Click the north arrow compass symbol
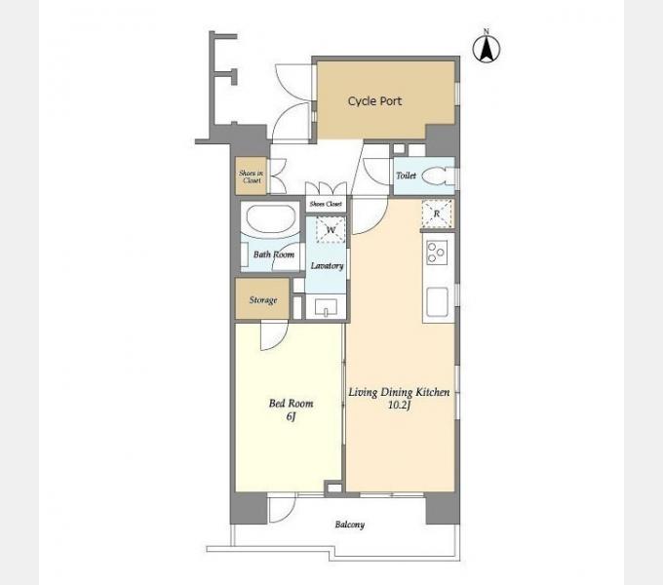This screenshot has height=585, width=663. tap(487, 47)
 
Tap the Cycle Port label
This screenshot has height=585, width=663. tap(374, 101)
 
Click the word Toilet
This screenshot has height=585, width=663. tap(406, 175)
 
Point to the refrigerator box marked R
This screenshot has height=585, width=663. tap(437, 214)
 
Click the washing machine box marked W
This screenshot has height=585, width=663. tap(331, 229)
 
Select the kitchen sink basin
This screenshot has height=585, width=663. tap(437, 302)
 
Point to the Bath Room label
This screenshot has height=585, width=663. tap(274, 254)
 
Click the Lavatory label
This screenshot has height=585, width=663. tap(327, 266)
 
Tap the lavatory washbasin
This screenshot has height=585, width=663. tap(326, 307)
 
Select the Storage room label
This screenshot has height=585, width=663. tap(263, 300)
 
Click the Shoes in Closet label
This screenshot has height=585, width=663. tap(252, 176)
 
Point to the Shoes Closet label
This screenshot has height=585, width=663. tap(326, 204)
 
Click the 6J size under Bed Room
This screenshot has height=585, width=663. tap(291, 416)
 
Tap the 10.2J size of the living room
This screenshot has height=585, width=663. tap(400, 406)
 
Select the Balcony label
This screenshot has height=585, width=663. tap(350, 525)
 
